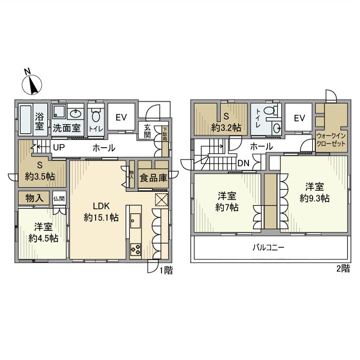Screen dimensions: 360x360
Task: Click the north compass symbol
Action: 32,84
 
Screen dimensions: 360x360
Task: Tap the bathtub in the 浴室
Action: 26,119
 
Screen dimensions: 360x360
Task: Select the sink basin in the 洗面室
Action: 76,114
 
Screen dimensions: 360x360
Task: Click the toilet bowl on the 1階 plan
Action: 96,116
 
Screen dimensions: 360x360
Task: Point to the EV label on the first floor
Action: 121,118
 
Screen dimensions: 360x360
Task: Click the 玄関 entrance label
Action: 147,131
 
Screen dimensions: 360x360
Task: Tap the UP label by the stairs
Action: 59,148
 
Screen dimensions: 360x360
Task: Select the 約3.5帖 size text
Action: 40,176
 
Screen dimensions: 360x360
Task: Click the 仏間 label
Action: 59,199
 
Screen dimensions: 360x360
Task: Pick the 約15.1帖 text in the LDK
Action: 101,217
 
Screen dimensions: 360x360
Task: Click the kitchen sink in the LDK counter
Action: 135,221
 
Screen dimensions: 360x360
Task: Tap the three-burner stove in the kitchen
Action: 135,249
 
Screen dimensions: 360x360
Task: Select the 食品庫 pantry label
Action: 153,178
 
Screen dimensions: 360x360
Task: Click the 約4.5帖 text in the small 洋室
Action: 43,238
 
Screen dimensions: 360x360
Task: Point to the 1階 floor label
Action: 166,270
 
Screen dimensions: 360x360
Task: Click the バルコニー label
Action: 268,247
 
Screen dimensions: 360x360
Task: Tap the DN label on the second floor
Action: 243,163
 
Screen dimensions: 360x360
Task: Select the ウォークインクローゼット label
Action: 331,139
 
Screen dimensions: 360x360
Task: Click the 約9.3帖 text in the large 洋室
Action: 315,198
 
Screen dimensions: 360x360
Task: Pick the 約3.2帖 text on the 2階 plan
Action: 226,128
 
